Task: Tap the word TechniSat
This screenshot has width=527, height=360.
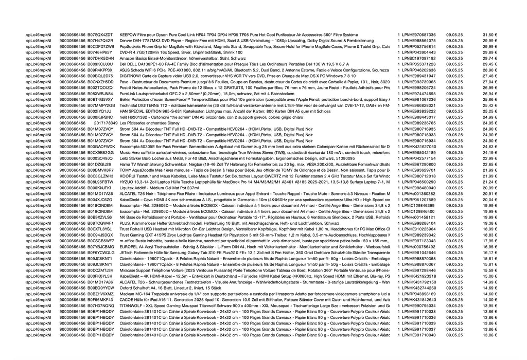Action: point(128,105)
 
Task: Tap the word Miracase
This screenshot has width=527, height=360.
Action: point(128,271)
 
